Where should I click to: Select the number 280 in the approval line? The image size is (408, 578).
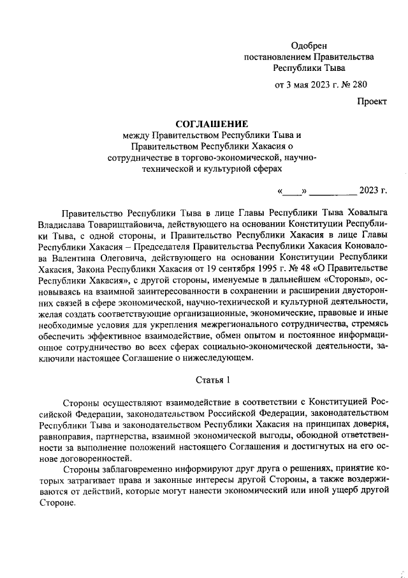point(359,84)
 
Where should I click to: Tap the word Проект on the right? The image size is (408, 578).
point(371,101)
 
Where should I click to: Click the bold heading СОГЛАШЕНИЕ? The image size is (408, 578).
point(211,123)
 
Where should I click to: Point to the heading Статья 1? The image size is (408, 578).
point(211,380)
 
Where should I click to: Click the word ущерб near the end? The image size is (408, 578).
point(332,491)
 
